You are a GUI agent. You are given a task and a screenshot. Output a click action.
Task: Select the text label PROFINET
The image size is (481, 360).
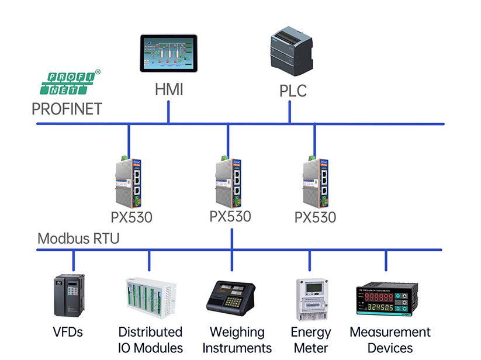(x=67, y=109)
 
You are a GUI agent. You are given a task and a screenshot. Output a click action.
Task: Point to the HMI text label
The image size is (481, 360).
(x=169, y=90)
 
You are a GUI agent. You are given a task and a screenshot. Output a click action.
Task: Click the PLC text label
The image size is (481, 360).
(x=292, y=91)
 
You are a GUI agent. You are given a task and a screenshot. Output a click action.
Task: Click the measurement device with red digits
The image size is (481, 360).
(x=386, y=299)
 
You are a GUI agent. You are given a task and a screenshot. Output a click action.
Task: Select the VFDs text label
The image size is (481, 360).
(x=67, y=333)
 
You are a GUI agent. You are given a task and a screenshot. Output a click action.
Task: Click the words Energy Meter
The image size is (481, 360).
(x=310, y=340)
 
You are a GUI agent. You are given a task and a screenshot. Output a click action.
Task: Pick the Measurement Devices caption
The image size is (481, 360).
(x=390, y=340)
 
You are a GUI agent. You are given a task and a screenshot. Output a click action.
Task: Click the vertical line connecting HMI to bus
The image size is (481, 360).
(x=169, y=112)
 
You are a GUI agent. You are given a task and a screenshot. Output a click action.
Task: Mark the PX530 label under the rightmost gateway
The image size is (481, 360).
(x=316, y=217)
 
